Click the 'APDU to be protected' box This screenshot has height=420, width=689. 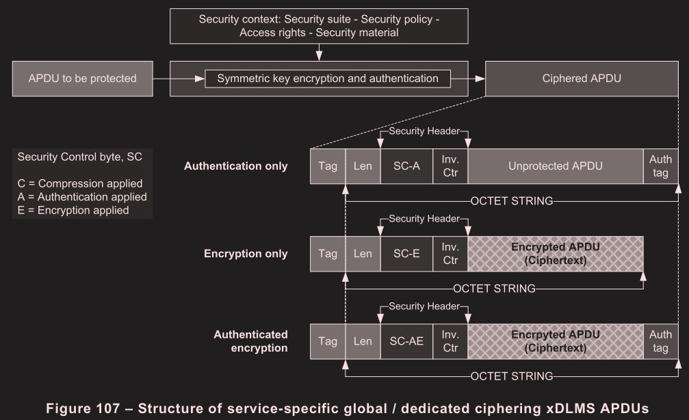82,78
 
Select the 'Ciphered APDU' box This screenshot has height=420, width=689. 581,78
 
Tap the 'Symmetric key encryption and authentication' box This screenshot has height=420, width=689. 328,79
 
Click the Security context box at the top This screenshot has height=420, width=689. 319,26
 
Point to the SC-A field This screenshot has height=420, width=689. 406,166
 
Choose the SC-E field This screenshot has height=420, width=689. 406,254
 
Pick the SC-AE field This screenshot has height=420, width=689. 406,341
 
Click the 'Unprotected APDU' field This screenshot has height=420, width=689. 555,166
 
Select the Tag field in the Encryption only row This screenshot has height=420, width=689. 328,254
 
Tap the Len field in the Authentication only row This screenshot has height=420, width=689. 363,166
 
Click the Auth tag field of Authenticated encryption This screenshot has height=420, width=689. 660,341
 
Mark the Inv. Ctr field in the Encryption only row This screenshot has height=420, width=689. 450,254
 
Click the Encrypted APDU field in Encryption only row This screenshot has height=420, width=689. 555,254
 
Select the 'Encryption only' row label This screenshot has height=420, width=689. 246,254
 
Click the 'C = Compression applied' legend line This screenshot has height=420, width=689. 80,183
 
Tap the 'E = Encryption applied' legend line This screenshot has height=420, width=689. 73,211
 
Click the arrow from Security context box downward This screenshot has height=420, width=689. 319,53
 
